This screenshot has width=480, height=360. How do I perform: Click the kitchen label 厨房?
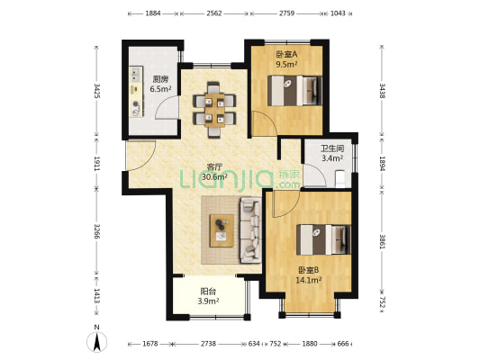[160, 79]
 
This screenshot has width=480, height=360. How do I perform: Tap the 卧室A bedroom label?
[286, 54]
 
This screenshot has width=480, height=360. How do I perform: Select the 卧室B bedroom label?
[309, 270]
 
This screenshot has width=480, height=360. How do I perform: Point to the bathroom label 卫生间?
[332, 148]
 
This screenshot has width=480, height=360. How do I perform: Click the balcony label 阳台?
[208, 291]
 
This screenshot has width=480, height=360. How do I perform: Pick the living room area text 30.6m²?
[214, 176]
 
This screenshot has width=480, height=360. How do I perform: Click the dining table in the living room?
[214, 110]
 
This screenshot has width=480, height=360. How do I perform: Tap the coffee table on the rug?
[222, 230]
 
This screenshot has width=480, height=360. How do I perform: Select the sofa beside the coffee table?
[250, 230]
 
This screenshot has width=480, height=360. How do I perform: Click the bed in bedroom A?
[294, 91]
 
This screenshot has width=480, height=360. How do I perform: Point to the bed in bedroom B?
[323, 240]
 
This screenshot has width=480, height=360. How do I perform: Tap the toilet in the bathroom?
[340, 178]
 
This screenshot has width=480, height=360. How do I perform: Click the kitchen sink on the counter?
[135, 75]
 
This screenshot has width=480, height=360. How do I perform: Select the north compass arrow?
[97, 341]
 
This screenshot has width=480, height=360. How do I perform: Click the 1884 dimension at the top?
[153, 13]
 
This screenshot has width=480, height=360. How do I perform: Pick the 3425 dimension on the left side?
[96, 91]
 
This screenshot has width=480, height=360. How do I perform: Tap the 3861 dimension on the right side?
[382, 241]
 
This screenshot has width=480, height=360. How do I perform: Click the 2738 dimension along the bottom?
[208, 344]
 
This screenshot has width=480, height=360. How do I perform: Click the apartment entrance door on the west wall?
[141, 155]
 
